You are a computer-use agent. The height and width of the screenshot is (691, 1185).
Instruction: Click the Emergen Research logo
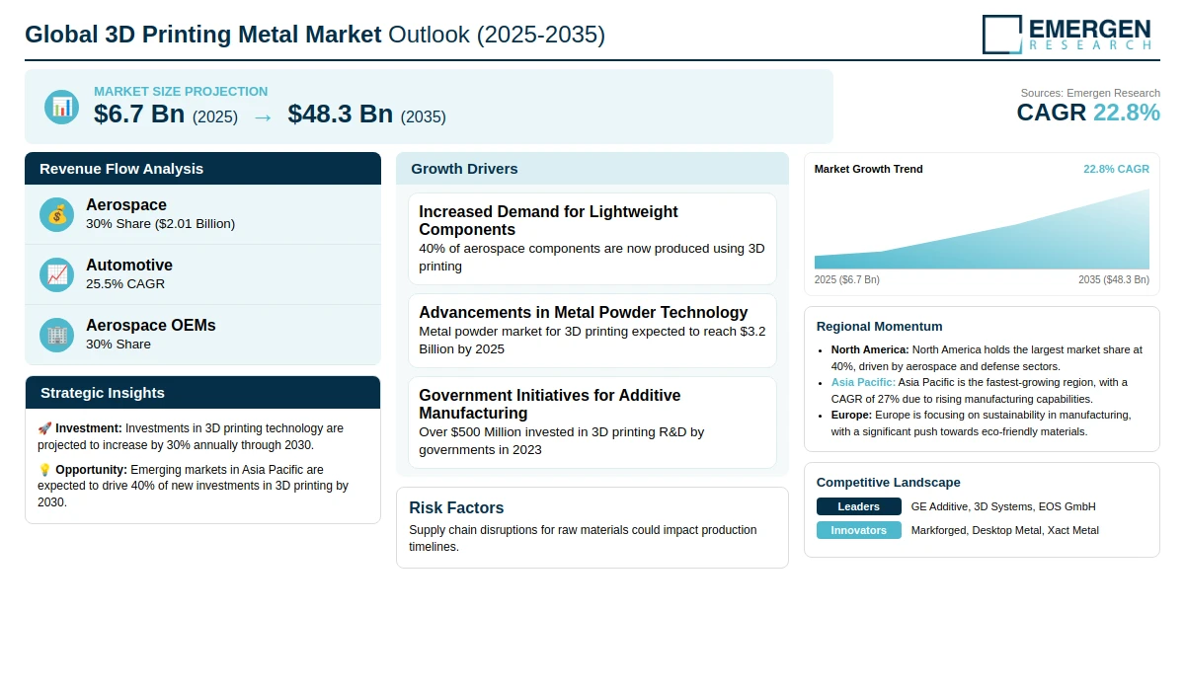coord(1066,34)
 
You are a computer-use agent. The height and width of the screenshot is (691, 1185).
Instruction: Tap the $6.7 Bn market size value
coord(139,115)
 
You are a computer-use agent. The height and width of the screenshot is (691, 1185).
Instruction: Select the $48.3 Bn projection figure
coord(341,115)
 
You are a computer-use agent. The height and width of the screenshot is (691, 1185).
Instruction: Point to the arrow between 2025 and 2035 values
coord(263,116)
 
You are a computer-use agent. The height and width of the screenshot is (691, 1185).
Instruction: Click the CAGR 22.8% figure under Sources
coord(1088,113)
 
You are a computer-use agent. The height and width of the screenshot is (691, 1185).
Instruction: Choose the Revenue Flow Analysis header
coord(121,169)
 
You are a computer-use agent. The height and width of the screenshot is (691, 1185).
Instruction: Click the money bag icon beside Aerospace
coord(57,214)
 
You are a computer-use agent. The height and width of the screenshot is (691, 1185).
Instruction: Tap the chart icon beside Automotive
coord(57,274)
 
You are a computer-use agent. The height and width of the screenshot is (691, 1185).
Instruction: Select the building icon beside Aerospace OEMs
coord(57,335)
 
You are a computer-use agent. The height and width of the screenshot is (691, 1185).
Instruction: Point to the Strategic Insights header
coord(103,393)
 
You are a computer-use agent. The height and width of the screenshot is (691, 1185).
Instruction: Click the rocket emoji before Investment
coord(44,428)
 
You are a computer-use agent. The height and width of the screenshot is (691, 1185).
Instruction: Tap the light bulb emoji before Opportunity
coord(44,470)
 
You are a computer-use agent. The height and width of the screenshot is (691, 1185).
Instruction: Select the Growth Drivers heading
coord(464,169)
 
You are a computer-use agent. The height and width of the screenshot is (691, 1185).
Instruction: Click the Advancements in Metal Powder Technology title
coord(583,312)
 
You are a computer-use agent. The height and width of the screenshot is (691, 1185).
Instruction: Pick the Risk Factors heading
coord(456,507)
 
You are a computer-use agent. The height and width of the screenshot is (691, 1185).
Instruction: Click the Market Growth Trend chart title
coord(868,169)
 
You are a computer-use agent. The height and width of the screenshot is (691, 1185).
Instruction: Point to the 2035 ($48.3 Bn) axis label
coord(1113,279)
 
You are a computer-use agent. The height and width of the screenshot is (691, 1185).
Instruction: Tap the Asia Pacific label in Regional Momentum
coord(863,382)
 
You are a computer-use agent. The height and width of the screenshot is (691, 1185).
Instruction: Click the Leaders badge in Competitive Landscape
coord(858,506)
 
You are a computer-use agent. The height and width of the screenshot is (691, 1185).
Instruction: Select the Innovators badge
coord(858,530)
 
